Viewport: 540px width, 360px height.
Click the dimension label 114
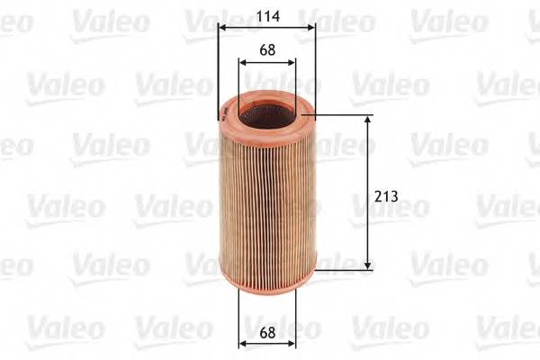268,16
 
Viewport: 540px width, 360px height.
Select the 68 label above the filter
267,50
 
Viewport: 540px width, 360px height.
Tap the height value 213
386,196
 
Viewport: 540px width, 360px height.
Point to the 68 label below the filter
267,332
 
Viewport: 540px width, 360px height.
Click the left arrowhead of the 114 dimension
222,28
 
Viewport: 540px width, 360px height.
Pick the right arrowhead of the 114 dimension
311,28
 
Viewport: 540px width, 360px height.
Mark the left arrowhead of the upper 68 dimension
243,62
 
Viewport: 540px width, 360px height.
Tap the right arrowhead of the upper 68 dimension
292,62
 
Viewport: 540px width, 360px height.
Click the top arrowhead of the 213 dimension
368,120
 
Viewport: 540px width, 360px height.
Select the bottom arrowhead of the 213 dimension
368,265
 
